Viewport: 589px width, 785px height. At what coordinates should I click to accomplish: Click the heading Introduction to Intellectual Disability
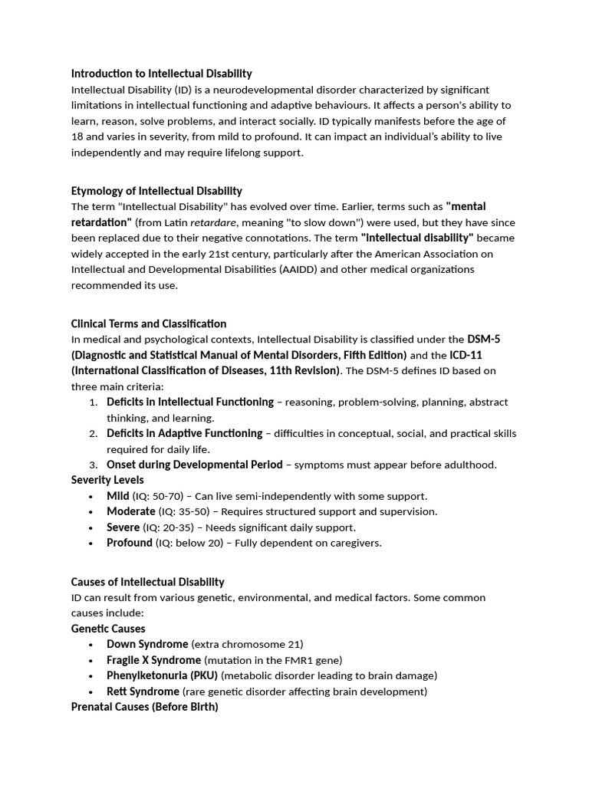[161, 74]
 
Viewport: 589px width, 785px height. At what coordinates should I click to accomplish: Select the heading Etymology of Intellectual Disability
[156, 191]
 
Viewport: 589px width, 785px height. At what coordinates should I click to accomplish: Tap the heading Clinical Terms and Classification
[149, 324]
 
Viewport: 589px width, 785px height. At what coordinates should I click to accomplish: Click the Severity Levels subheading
[107, 480]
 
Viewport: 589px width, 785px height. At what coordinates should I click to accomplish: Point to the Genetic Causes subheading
[108, 629]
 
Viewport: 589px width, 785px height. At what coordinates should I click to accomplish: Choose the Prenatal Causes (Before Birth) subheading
[144, 707]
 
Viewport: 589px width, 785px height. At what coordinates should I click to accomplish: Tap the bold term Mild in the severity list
[117, 496]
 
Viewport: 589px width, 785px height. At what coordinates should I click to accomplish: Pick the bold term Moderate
[130, 511]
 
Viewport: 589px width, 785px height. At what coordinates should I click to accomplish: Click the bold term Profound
[129, 543]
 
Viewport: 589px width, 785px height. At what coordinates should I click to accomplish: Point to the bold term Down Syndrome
[147, 644]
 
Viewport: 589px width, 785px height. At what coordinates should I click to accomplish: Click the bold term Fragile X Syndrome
[153, 660]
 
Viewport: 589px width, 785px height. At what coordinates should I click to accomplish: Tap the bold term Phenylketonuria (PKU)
[163, 675]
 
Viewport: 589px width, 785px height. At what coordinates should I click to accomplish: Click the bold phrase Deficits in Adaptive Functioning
[184, 433]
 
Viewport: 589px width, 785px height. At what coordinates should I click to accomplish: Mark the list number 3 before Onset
[92, 465]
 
